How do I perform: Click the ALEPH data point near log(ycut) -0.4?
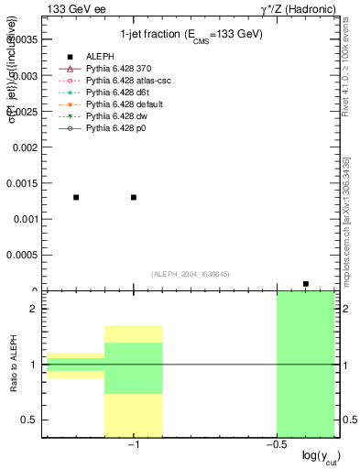click(x=306, y=284)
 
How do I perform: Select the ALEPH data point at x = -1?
click(x=134, y=197)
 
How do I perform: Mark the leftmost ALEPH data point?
click(x=76, y=197)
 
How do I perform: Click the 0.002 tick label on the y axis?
click(x=25, y=147)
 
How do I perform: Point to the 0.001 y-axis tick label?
click(x=25, y=219)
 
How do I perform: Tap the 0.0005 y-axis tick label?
click(x=22, y=256)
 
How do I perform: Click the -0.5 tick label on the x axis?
click(x=275, y=445)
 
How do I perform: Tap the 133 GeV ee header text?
click(x=72, y=9)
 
